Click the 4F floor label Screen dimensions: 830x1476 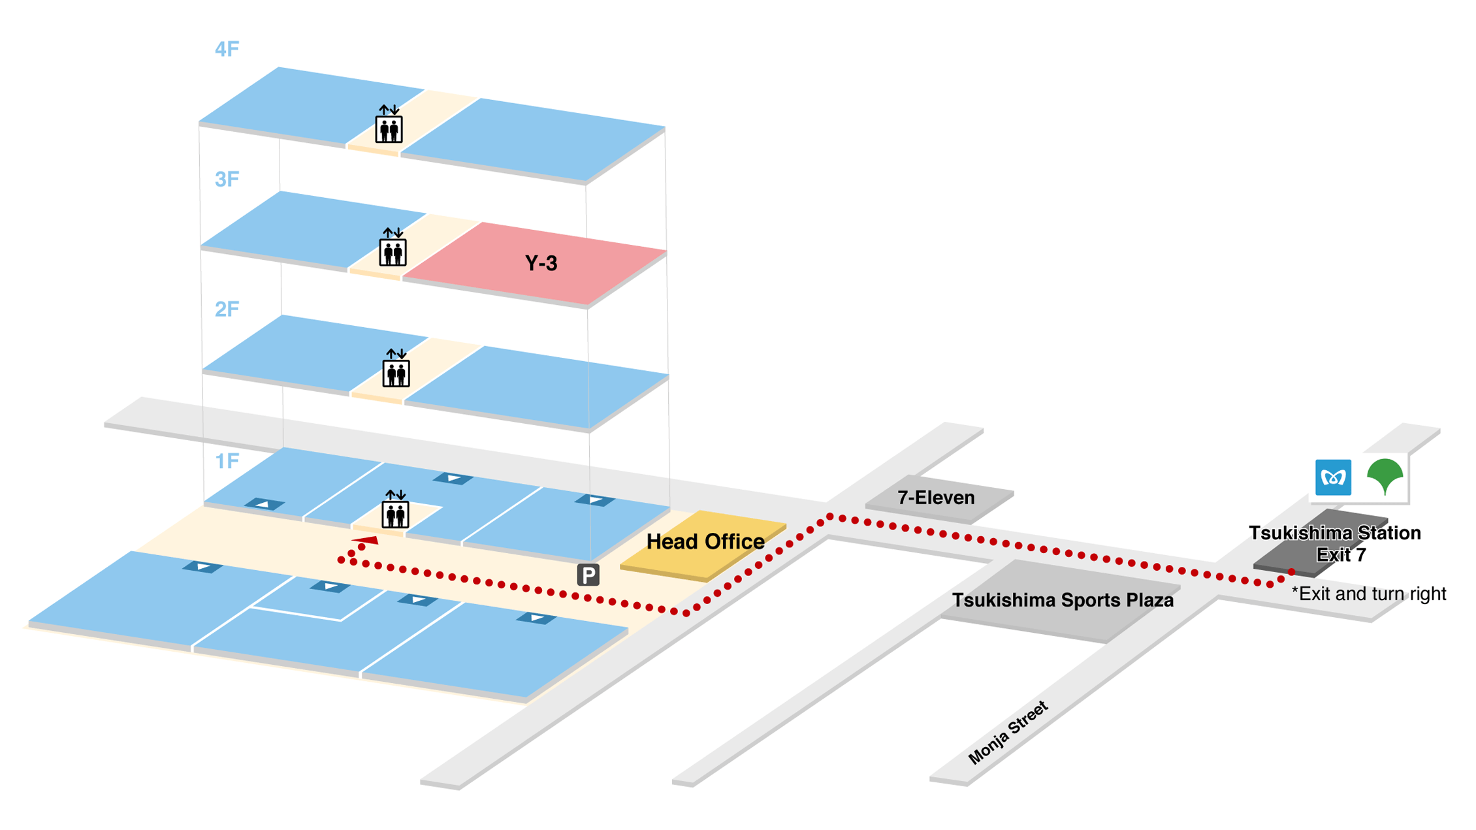pyautogui.click(x=227, y=50)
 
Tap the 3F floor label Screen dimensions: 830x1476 pyautogui.click(x=227, y=179)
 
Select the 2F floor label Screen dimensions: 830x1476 pyautogui.click(x=227, y=309)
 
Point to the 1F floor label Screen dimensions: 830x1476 pyautogui.click(x=227, y=461)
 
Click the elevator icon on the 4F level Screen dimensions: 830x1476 pyautogui.click(x=389, y=125)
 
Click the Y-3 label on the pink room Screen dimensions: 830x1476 pyautogui.click(x=541, y=263)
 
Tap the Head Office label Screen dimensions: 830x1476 pyautogui.click(x=705, y=541)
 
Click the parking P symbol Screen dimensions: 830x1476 pyautogui.click(x=588, y=575)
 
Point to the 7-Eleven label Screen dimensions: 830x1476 pyautogui.click(x=936, y=498)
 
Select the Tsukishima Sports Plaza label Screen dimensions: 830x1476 pyautogui.click(x=1063, y=600)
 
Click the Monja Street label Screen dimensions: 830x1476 pyautogui.click(x=1008, y=733)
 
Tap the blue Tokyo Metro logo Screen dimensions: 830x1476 pyautogui.click(x=1333, y=477)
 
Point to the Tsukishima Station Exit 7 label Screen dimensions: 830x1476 pyautogui.click(x=1336, y=543)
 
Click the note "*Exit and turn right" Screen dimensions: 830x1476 pyautogui.click(x=1369, y=594)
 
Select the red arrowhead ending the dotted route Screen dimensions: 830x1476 pyautogui.click(x=366, y=540)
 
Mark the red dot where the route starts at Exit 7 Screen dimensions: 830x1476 pyautogui.click(x=1291, y=572)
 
